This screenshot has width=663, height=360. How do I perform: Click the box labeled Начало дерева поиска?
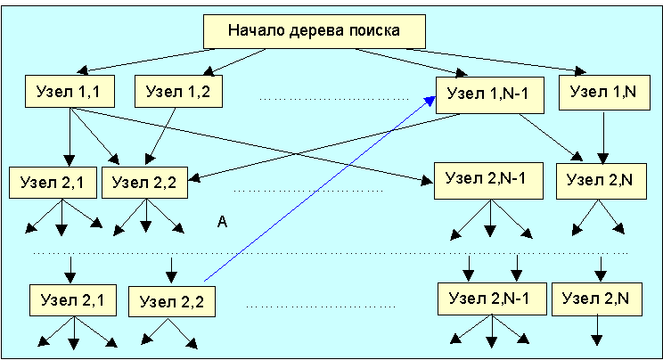tap(315, 31)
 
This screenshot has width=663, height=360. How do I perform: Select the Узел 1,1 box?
tap(69, 90)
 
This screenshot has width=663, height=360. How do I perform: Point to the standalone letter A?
tap(223, 223)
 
